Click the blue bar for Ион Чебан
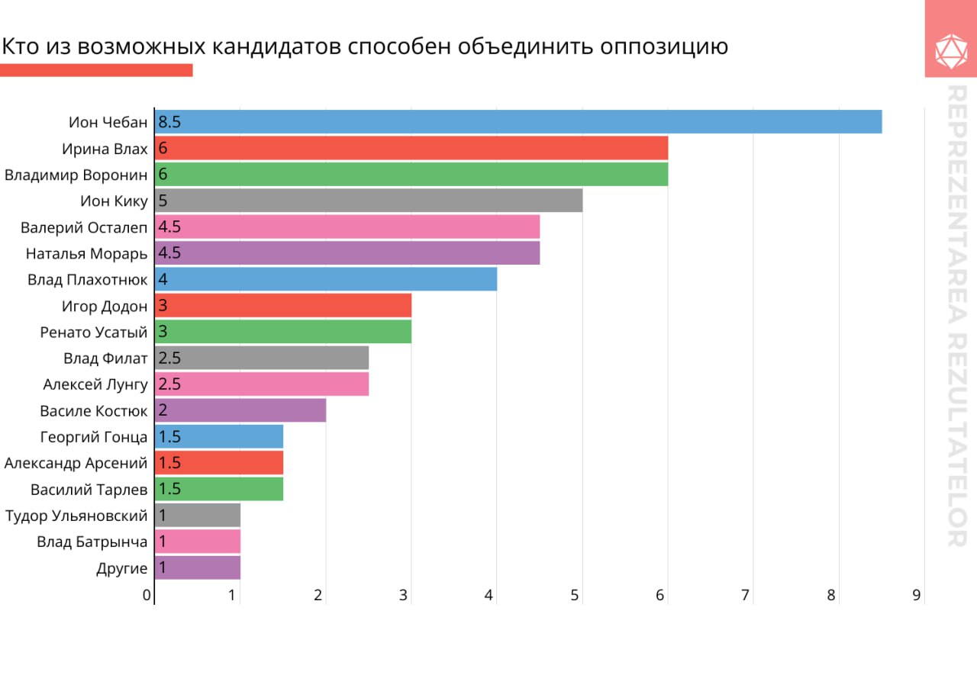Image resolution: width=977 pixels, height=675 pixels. [x=519, y=122]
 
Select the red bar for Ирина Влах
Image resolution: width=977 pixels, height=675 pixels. [x=412, y=148]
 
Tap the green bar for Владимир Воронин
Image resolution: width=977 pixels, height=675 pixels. [x=412, y=175]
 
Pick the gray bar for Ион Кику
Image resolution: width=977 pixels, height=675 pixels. [x=369, y=201]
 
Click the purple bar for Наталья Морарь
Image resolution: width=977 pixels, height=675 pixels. [x=348, y=253]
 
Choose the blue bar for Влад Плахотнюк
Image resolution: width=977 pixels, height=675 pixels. [x=327, y=279]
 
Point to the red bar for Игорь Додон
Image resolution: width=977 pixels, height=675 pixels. [x=284, y=306]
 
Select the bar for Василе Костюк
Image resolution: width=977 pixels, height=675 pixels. [x=241, y=410]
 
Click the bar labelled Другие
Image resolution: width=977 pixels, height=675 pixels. [x=198, y=568]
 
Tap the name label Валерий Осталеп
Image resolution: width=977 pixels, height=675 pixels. [x=84, y=227]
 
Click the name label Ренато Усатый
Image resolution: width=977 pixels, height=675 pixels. [x=94, y=332]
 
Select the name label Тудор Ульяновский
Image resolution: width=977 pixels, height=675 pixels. [x=76, y=516]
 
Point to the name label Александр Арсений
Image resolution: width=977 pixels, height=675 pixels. [x=76, y=463]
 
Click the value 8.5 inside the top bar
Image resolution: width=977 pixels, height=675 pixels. [x=169, y=122]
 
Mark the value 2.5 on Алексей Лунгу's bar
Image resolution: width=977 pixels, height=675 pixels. [x=169, y=384]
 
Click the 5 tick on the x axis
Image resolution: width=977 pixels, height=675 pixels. [x=576, y=595]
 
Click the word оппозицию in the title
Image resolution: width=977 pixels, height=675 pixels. [x=664, y=47]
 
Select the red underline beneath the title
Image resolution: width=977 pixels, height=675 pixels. [x=96, y=70]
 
